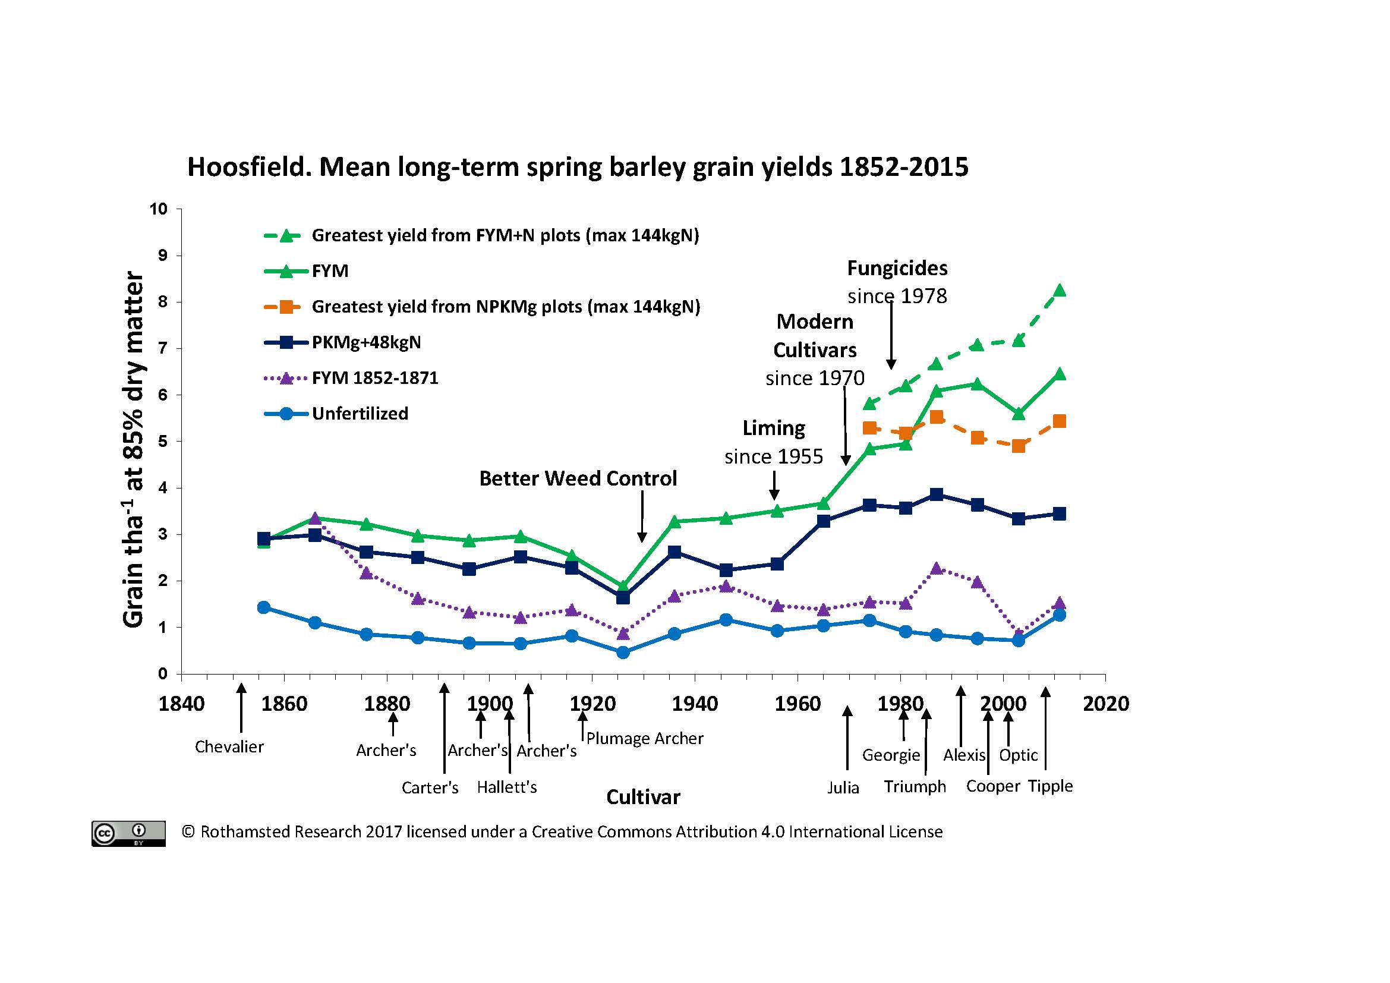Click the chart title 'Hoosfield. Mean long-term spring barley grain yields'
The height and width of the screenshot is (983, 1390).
(x=578, y=167)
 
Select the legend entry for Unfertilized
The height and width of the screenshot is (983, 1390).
(x=360, y=414)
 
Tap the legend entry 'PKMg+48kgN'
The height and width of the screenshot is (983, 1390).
(x=365, y=342)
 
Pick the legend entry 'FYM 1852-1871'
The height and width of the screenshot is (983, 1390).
(x=374, y=379)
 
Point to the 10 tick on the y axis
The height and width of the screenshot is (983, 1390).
(x=159, y=209)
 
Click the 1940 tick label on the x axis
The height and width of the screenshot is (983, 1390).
(x=695, y=704)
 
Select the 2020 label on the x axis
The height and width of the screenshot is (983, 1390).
(x=1105, y=704)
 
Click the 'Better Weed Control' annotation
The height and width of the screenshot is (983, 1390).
(x=578, y=479)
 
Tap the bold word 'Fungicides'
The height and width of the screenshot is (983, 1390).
(x=897, y=268)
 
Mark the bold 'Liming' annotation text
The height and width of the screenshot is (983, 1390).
(x=774, y=429)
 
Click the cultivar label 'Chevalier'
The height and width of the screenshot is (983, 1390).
(x=229, y=747)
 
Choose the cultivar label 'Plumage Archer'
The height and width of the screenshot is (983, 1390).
(x=645, y=739)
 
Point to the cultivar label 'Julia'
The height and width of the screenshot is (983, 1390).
(x=843, y=788)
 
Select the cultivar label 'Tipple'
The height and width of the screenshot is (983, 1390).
(x=1050, y=786)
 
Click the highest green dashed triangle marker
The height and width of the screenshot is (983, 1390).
(x=1060, y=291)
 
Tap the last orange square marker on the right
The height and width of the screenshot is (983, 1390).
(x=1060, y=421)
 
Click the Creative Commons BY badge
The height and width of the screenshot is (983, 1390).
(x=128, y=833)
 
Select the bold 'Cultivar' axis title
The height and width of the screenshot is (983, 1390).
(x=643, y=797)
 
